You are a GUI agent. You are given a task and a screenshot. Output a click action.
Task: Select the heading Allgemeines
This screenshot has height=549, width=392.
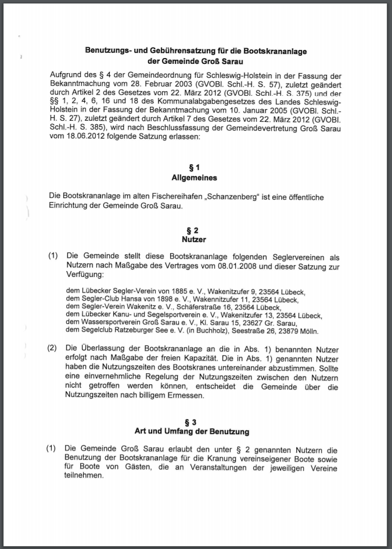[x=194, y=178]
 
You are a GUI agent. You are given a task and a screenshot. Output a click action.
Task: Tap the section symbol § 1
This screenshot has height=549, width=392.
[x=194, y=167]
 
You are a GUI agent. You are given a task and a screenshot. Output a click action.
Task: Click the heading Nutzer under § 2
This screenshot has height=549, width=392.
[x=194, y=239]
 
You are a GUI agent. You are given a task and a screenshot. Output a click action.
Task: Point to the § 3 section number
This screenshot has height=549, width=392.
[x=194, y=422]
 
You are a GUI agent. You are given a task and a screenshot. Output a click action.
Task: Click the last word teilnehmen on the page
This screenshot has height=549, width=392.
[x=84, y=475]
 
